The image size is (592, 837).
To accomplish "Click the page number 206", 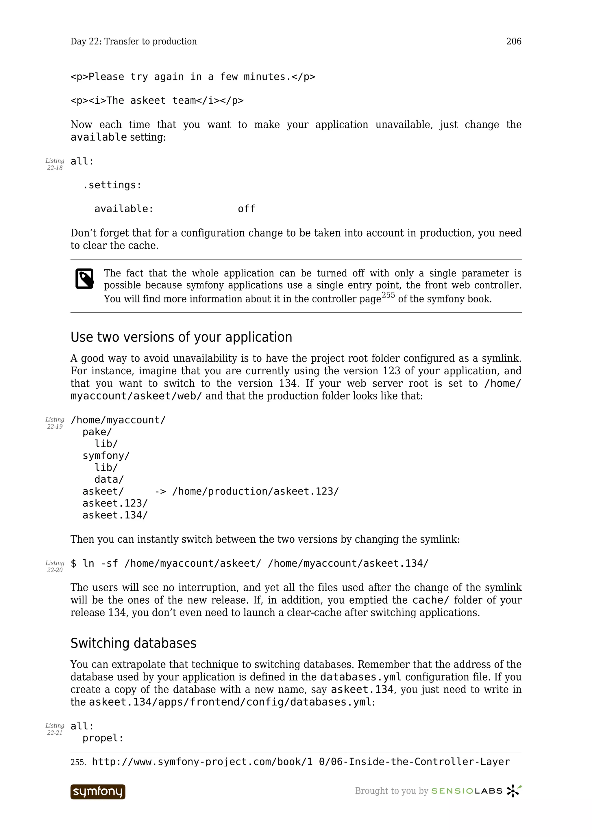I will pyautogui.click(x=514, y=42).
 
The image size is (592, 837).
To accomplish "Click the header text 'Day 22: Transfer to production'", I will pyautogui.click(x=134, y=42).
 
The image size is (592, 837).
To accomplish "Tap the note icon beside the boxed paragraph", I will pyautogui.click(x=85, y=279).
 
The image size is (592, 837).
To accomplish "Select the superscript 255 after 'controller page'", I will pyautogui.click(x=388, y=295).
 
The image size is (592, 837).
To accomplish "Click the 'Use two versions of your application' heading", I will pyautogui.click(x=181, y=337).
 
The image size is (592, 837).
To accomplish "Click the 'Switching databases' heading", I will pyautogui.click(x=133, y=643).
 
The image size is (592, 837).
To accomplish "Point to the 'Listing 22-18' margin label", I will pyautogui.click(x=55, y=164).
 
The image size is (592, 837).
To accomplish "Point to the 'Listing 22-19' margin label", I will pyautogui.click(x=55, y=423).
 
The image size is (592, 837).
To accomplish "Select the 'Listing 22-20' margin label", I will pyautogui.click(x=55, y=566).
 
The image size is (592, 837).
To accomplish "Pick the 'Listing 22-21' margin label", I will pyautogui.click(x=55, y=729).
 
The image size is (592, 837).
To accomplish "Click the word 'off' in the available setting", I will pyautogui.click(x=247, y=209).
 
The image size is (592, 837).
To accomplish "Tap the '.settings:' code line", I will pyautogui.click(x=112, y=185).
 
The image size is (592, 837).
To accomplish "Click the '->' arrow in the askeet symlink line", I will pyautogui.click(x=160, y=491).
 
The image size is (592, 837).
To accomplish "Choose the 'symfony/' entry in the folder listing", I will pyautogui.click(x=106, y=456).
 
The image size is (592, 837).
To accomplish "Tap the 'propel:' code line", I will pyautogui.click(x=103, y=738).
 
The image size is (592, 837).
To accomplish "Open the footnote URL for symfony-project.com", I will pyautogui.click(x=301, y=762).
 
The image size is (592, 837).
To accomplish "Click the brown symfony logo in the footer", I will pyautogui.click(x=98, y=792).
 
